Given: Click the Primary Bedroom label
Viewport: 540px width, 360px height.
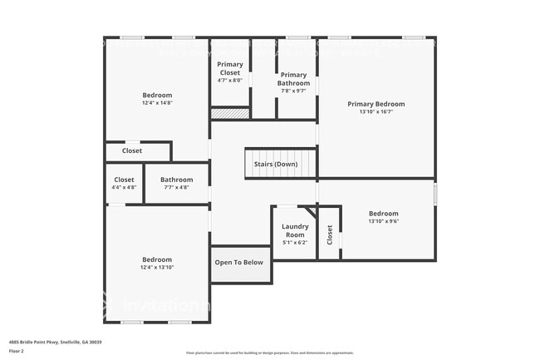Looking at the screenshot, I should (x=376, y=104).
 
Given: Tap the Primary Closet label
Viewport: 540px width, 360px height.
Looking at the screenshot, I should (x=228, y=68).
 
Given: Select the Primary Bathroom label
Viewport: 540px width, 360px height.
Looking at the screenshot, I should (x=293, y=79).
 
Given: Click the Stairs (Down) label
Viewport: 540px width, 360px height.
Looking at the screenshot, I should (x=276, y=164).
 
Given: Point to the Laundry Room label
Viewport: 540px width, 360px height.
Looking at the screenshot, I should (x=295, y=230).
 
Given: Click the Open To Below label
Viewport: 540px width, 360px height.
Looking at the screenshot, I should (x=239, y=262).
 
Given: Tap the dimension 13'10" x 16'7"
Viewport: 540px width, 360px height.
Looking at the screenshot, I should (x=376, y=112).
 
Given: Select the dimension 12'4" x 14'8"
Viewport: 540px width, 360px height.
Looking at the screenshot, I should (x=157, y=103).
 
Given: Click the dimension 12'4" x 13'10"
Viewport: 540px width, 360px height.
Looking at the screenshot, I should (x=157, y=268).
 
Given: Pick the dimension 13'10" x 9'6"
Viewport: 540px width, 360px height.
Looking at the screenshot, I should (x=384, y=222).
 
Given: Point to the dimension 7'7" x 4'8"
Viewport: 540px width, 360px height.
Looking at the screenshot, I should (x=176, y=188).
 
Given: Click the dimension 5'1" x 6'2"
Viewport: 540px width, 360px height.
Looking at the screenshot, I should (x=295, y=243).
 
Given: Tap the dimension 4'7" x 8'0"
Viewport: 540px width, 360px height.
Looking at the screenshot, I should (x=228, y=81).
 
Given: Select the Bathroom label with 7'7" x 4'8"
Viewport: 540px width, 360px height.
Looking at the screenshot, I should (x=176, y=180).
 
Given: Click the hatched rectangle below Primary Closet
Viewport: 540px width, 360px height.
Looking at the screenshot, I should (x=229, y=113).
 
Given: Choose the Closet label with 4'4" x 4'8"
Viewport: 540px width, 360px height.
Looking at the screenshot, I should (x=124, y=180).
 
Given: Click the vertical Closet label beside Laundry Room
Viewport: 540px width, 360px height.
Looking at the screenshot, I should (x=330, y=235).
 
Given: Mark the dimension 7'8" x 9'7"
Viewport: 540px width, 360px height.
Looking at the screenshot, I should (x=293, y=91).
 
